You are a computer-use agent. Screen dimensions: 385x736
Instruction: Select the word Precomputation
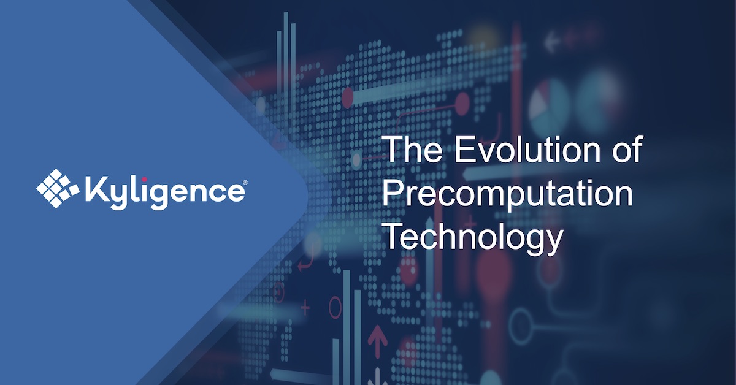coord(507,194)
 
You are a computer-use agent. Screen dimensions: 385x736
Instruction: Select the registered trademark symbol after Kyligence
coord(245,182)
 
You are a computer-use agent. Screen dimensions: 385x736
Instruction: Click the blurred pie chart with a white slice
coord(550,101)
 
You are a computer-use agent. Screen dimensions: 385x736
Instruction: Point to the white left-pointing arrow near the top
coord(553,44)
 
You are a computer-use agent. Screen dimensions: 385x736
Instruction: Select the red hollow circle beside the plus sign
coord(335,306)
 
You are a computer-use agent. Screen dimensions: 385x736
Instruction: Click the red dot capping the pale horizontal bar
coord(348,97)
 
